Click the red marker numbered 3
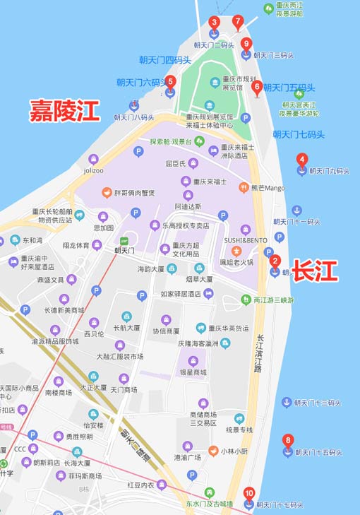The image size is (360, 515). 215,23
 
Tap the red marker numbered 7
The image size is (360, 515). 238,21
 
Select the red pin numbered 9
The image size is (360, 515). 246,45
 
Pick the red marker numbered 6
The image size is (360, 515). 257,87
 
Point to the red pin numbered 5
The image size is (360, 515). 170,82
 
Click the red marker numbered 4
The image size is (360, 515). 301,160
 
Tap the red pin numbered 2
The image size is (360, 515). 275,261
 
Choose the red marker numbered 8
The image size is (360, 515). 287,442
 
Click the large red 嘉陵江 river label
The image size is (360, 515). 64,110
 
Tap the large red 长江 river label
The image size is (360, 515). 315,270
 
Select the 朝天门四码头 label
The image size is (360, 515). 164,60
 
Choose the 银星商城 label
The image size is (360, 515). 192,372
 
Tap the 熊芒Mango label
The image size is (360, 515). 268,189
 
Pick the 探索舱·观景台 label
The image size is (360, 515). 170,141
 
